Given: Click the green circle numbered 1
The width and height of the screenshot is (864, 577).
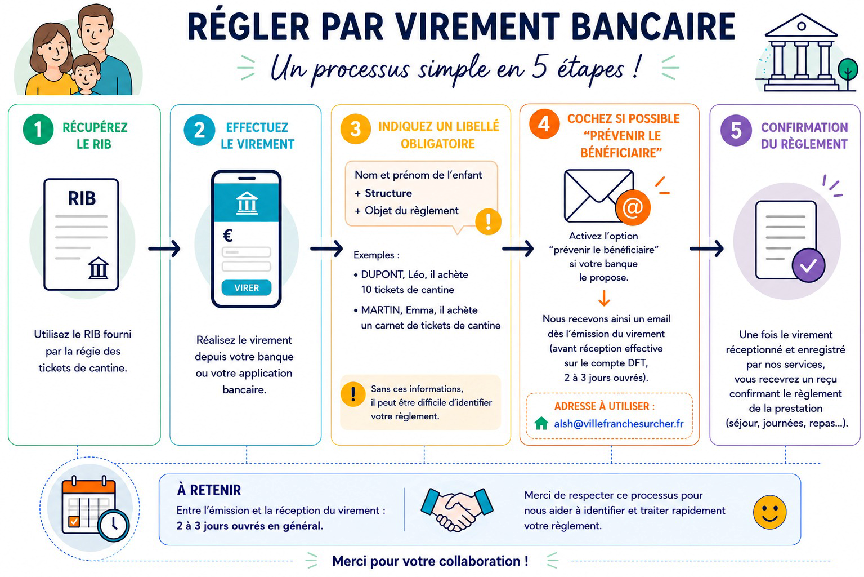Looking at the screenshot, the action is (x=38, y=130).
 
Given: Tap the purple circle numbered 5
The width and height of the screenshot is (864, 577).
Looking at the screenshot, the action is (x=736, y=131).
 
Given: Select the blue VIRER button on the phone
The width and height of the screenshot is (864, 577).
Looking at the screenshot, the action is (x=247, y=288).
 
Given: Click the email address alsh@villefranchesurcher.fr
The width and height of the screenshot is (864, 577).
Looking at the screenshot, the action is (x=619, y=424).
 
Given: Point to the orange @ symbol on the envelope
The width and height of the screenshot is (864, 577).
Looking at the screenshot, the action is (x=633, y=207).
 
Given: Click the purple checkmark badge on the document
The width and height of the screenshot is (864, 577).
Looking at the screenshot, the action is (x=808, y=265).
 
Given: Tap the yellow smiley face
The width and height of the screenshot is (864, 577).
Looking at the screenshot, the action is (x=769, y=512).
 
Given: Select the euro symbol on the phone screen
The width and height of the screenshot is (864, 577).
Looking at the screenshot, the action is (x=228, y=235).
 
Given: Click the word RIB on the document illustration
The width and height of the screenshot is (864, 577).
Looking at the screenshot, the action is (x=82, y=198).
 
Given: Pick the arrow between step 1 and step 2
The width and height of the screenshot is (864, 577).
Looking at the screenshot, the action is (x=164, y=248).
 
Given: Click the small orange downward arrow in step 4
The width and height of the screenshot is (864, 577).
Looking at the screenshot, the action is (x=604, y=298).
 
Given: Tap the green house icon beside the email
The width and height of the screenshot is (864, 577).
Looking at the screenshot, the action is (x=541, y=423).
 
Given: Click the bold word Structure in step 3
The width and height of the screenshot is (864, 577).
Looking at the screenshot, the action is (x=388, y=193).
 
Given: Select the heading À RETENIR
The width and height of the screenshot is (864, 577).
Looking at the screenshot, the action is (x=209, y=490).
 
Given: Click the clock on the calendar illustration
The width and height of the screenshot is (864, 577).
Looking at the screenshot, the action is (x=113, y=525).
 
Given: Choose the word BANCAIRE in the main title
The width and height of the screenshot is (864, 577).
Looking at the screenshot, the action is (x=653, y=27).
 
